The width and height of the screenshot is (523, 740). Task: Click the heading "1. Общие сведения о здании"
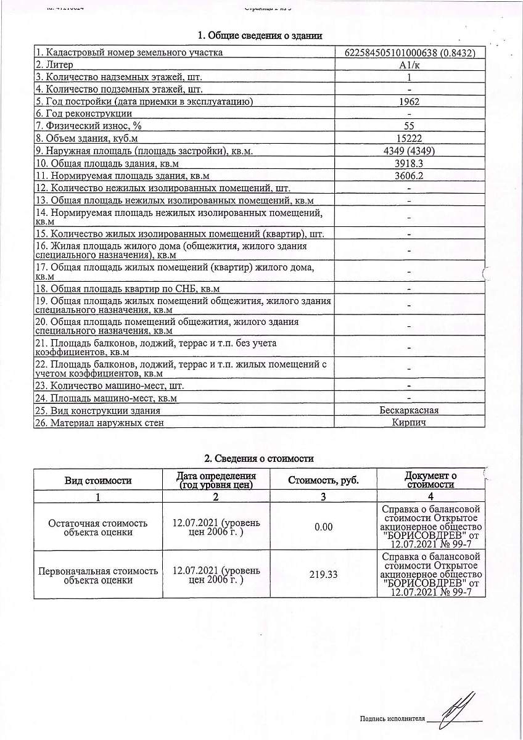[259, 36]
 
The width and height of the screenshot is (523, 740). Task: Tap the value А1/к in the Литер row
[409, 65]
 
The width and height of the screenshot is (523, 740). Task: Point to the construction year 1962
[409, 101]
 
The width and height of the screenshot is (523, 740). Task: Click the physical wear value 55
[409, 126]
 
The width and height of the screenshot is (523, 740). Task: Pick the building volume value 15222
[409, 138]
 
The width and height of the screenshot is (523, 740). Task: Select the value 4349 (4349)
[409, 150]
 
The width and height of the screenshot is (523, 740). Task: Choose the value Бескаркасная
[409, 410]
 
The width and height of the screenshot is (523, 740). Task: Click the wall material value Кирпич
[409, 422]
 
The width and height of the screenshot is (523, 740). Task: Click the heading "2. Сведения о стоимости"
[259, 458]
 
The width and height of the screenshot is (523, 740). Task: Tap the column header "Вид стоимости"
[99, 480]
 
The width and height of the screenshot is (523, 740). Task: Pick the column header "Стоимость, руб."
[323, 480]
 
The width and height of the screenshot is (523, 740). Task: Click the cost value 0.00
[323, 527]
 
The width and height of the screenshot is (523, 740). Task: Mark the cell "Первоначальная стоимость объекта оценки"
[99, 575]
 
